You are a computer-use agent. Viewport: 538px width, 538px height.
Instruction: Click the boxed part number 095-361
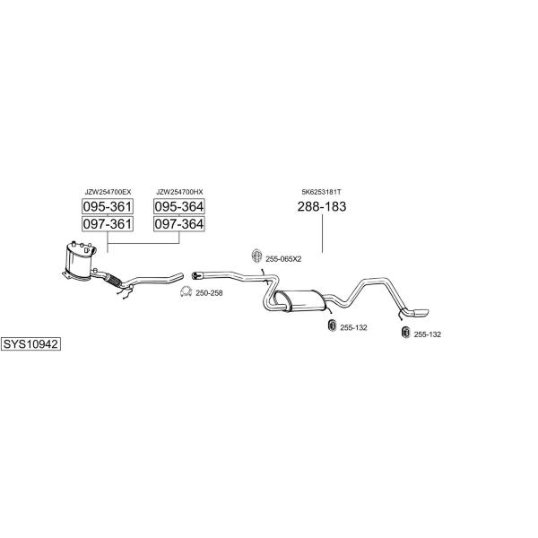coord(108,206)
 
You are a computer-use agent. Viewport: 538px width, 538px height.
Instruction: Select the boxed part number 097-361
coord(108,223)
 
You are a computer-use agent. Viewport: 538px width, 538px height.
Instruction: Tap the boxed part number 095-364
coord(179,206)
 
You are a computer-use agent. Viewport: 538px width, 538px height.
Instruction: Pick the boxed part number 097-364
coord(179,223)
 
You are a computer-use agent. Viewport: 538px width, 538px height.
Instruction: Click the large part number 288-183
coord(322,206)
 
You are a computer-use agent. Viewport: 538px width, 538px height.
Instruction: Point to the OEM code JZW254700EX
coord(108,192)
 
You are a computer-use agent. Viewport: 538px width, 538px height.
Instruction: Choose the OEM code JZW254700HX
coord(179,192)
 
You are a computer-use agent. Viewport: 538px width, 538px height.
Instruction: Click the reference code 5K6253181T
coord(322,192)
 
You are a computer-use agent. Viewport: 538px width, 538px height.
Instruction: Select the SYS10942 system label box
coord(30,343)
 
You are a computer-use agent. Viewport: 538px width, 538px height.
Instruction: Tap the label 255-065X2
coord(283,259)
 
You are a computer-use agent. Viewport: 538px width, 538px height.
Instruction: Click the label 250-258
coord(209,293)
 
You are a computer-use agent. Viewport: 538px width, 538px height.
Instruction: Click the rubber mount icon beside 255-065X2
coord(256,256)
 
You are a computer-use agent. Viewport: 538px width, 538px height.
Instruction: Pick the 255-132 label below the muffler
coord(354,327)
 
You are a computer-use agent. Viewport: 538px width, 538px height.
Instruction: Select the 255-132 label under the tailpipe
coord(428,334)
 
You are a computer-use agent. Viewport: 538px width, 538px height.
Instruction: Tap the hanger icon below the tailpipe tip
coord(405,332)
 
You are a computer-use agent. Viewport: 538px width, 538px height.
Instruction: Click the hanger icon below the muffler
coord(332,325)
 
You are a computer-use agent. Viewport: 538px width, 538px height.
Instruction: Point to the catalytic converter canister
coord(80,260)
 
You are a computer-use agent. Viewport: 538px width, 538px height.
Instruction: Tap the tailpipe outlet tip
coord(421,313)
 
